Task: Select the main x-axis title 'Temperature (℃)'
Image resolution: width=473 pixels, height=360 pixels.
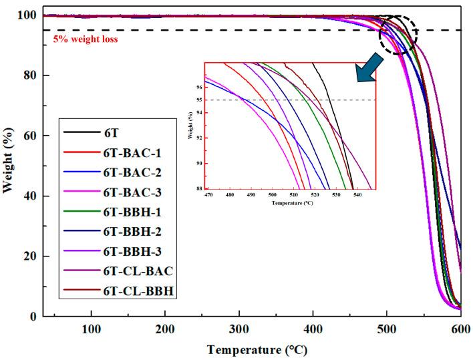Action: (257, 349)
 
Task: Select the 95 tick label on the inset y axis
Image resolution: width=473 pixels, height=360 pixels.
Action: (198, 100)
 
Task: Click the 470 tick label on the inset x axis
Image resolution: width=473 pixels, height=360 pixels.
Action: (209, 195)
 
